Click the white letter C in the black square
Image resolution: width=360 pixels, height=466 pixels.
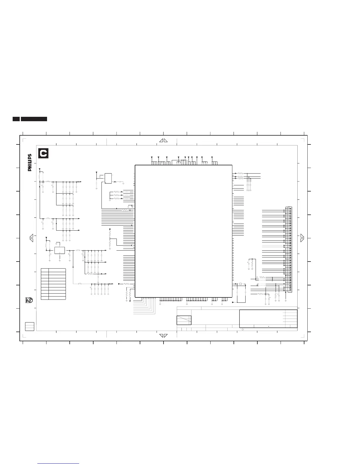44,154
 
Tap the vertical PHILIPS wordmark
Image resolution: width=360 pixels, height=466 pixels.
30,163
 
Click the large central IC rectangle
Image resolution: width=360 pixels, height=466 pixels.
184,231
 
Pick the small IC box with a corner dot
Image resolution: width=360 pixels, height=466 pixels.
108,178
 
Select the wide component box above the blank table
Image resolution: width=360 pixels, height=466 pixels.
60,250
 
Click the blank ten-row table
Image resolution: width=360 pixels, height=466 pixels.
54,284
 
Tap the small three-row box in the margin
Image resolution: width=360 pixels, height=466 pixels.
30,326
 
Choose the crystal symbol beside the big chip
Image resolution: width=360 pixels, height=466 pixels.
240,284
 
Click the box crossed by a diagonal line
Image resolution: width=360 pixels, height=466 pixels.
184,320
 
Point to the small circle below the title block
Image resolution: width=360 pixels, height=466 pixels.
243,329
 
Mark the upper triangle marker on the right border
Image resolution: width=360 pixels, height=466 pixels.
302,236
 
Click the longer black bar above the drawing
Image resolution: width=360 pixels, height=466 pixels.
34,119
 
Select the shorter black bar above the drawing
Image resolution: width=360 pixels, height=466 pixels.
16,119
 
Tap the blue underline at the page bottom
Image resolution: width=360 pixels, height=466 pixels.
58,463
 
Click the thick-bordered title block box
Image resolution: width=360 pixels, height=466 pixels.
268,319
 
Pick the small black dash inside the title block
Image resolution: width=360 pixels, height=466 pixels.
269,326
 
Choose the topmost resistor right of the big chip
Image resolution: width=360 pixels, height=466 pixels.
241,173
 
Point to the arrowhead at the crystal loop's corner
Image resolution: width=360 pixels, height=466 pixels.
233,302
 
